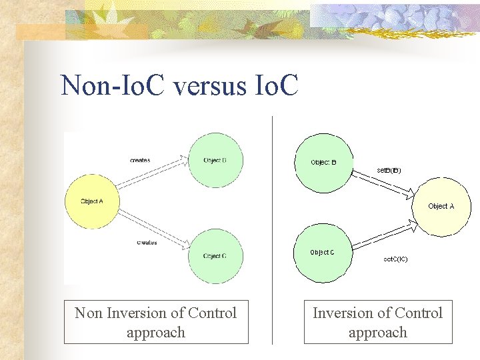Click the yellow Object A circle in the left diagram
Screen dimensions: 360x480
pyautogui.click(x=91, y=201)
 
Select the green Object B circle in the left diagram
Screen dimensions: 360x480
pyautogui.click(x=215, y=160)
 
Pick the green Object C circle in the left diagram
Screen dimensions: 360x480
pyautogui.click(x=215, y=256)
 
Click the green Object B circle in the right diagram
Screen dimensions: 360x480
pyautogui.click(x=323, y=163)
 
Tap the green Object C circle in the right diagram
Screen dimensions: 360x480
pyautogui.click(x=323, y=252)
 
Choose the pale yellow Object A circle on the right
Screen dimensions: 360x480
pyautogui.click(x=442, y=207)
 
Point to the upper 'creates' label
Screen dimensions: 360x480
pyautogui.click(x=140, y=160)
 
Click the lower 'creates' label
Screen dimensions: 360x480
pyautogui.click(x=147, y=242)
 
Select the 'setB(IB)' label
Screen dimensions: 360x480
pyautogui.click(x=389, y=170)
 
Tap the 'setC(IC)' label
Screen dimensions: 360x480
pyautogui.click(x=395, y=259)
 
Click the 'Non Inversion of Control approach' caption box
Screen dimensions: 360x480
pyautogui.click(x=156, y=323)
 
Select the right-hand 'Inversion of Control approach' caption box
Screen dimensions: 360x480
pyautogui.click(x=378, y=323)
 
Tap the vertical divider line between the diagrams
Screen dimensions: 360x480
pyautogui.click(x=273, y=227)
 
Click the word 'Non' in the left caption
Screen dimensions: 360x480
pyautogui.click(x=88, y=313)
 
